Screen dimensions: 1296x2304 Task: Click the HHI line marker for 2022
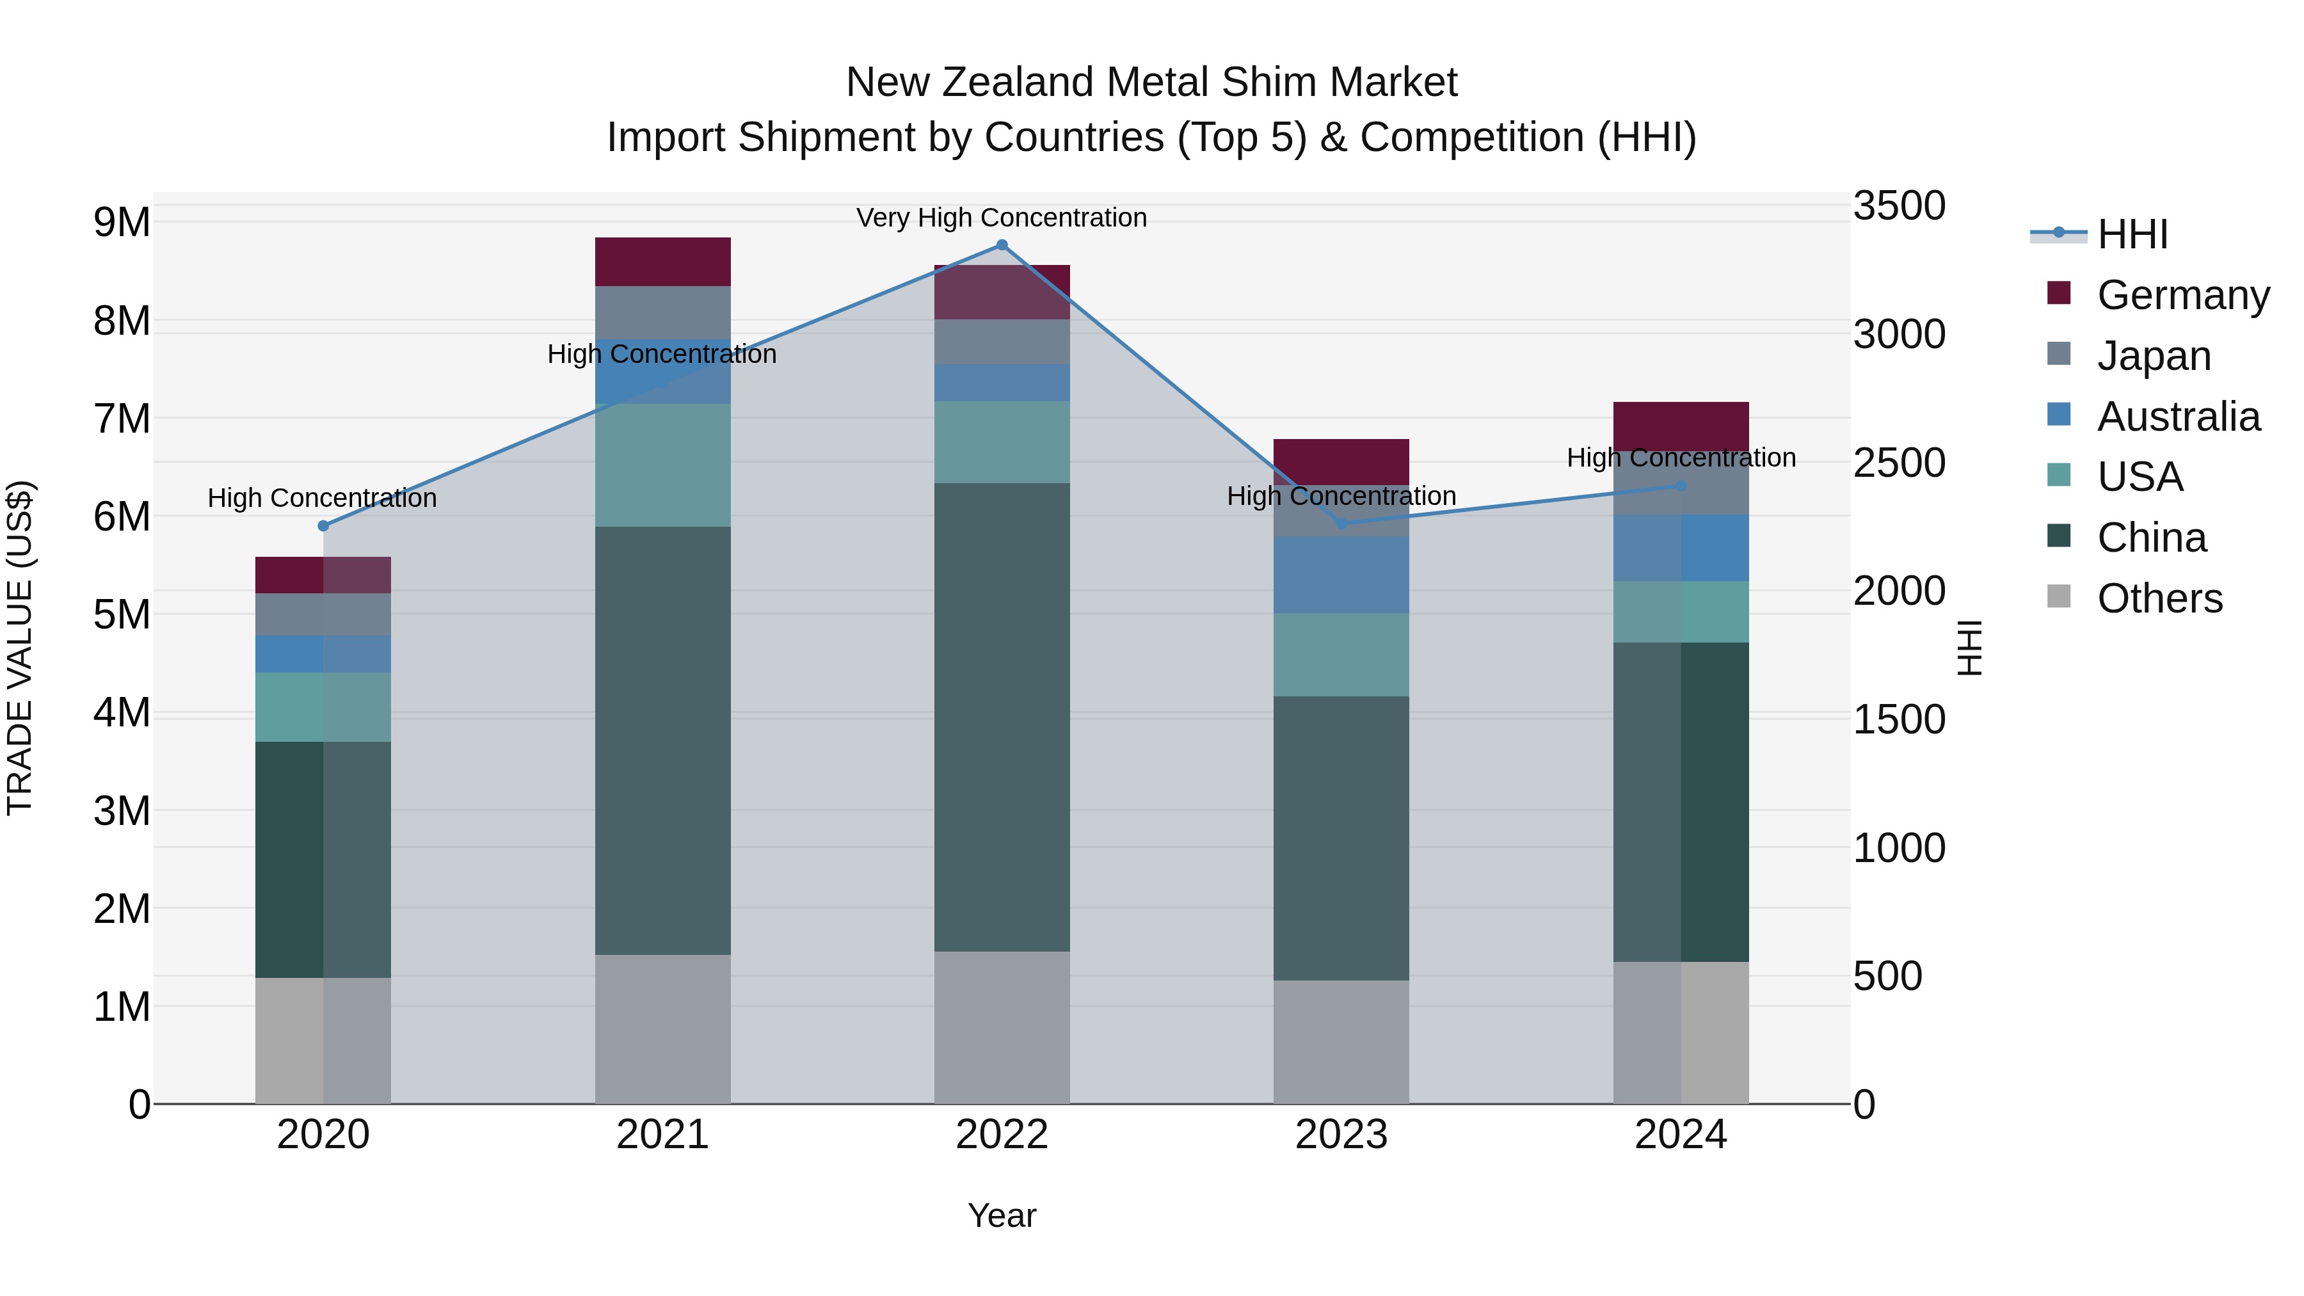coord(1002,245)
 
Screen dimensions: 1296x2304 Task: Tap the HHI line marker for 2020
coord(324,526)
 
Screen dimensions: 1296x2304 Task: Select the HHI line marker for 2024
coord(1681,486)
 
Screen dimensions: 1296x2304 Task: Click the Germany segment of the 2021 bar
coord(663,262)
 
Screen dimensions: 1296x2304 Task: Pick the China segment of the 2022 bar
coord(1002,716)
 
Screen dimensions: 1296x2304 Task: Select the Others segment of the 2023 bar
coord(1341,1041)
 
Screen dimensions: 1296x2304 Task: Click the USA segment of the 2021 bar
coord(663,465)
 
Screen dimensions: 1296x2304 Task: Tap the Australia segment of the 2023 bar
coord(1341,574)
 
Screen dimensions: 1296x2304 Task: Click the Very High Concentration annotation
coord(1002,218)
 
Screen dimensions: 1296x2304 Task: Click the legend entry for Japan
coord(2154,355)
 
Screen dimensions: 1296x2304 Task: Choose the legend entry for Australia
coord(2178,416)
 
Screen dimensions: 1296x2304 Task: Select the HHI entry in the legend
coord(2132,234)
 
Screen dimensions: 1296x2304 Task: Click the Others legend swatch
coord(2059,596)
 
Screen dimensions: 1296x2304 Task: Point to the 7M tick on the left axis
coord(122,419)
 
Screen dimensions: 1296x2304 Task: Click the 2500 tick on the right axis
coord(1898,463)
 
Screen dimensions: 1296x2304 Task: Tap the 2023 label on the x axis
coord(1341,1135)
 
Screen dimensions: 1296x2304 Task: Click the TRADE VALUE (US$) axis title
coord(20,648)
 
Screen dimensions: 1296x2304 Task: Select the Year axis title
coord(1002,1215)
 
